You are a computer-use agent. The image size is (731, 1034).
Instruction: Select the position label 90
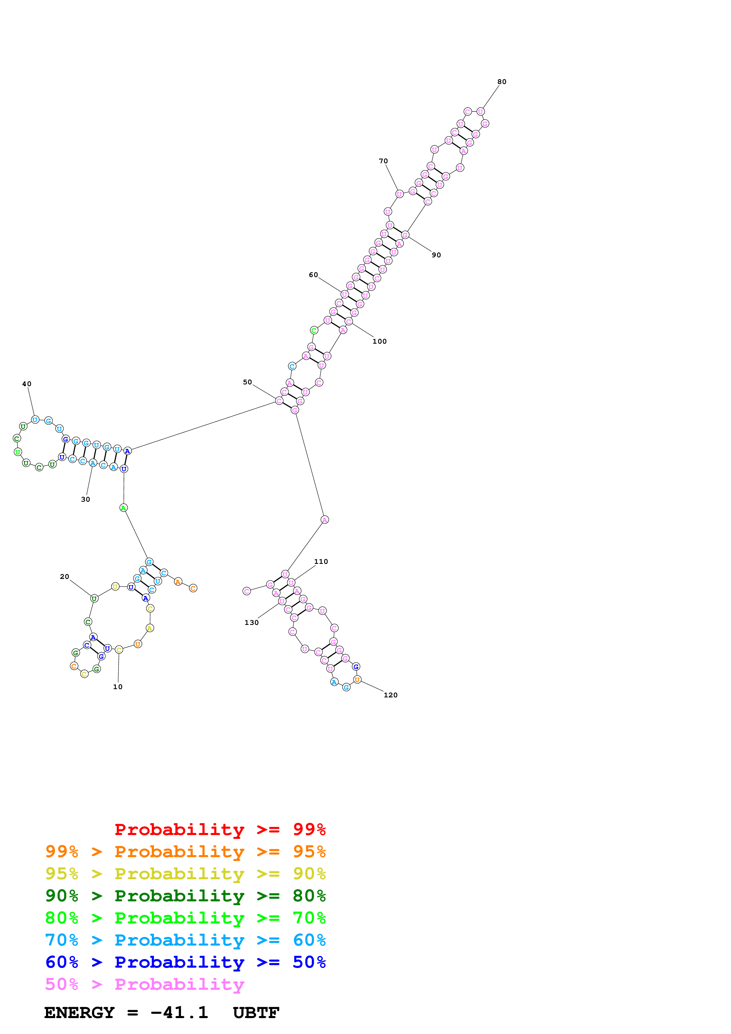click(436, 255)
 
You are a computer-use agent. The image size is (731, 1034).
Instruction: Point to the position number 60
click(313, 275)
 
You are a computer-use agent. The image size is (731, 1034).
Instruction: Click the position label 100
click(379, 341)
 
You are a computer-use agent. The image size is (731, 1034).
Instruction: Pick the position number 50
click(247, 382)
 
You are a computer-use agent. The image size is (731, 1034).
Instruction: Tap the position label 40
click(27, 384)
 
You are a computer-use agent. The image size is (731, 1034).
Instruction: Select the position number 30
click(85, 499)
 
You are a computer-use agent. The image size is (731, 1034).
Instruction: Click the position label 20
click(64, 577)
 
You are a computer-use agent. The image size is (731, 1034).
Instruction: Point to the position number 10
click(118, 687)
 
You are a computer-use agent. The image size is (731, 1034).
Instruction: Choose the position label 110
click(321, 562)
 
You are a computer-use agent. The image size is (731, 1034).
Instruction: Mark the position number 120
click(390, 695)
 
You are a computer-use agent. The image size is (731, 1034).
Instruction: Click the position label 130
click(251, 623)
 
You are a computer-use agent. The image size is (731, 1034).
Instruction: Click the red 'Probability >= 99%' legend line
click(220, 829)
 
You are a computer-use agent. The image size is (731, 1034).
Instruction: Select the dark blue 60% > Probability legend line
click(185, 962)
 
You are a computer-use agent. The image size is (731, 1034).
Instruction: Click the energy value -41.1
click(179, 1012)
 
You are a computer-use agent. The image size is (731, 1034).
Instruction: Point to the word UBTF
click(256, 1012)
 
